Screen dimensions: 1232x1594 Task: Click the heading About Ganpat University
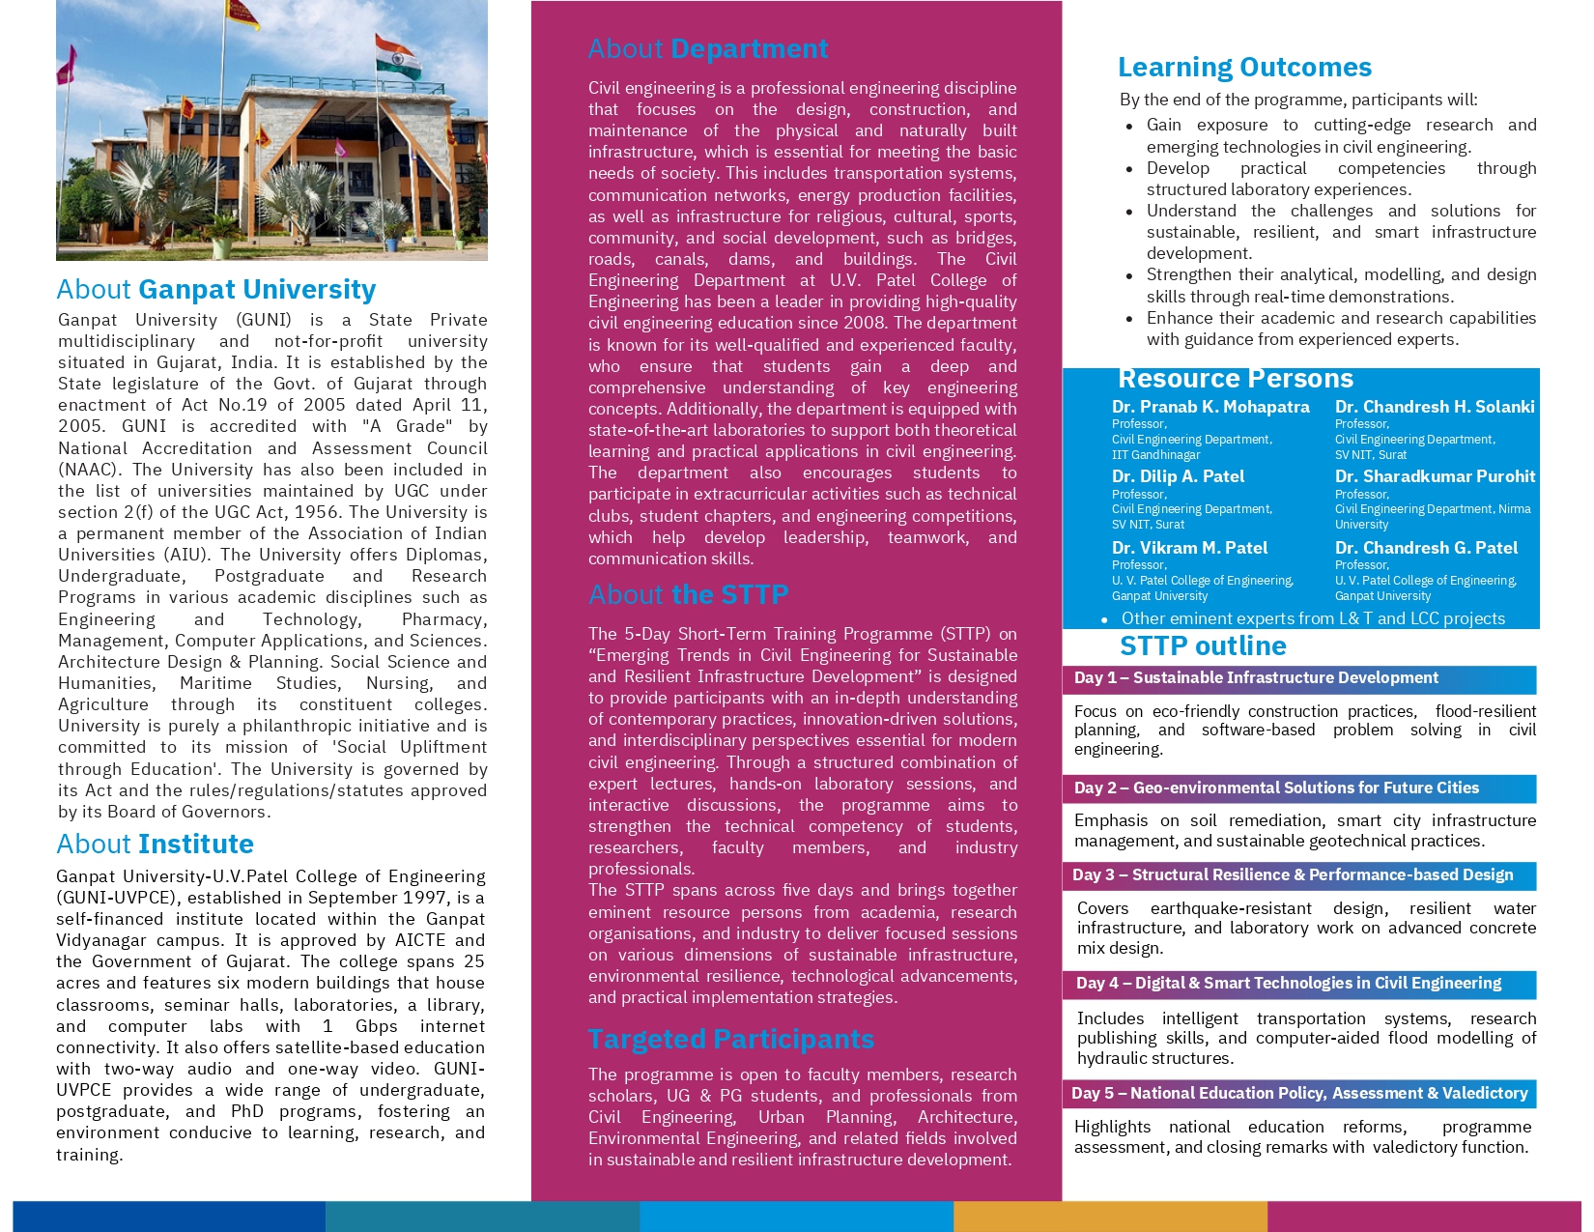click(215, 290)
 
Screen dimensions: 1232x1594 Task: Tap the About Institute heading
click(155, 845)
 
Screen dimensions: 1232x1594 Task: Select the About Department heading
click(708, 49)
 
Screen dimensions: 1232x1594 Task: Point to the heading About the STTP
click(688, 595)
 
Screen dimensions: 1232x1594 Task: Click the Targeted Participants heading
click(730, 1040)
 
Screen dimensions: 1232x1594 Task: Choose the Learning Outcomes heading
click(1244, 68)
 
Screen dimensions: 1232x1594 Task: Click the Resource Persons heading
click(1235, 379)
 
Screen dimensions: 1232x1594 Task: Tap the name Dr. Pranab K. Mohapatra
click(1210, 407)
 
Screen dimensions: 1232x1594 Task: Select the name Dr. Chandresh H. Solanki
click(1435, 407)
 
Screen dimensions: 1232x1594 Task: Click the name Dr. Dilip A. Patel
click(1178, 476)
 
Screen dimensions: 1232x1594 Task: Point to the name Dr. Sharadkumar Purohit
click(1435, 476)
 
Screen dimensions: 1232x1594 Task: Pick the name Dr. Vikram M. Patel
click(1189, 548)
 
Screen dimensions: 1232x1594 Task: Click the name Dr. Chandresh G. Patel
click(1426, 548)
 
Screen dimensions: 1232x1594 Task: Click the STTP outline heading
click(1203, 646)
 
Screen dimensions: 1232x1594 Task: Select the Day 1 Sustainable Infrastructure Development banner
click(1299, 679)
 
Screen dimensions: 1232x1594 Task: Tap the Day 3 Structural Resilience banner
click(1299, 875)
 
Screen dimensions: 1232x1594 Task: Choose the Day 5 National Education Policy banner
click(1299, 1094)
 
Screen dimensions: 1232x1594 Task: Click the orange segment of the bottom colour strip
click(1110, 1216)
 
